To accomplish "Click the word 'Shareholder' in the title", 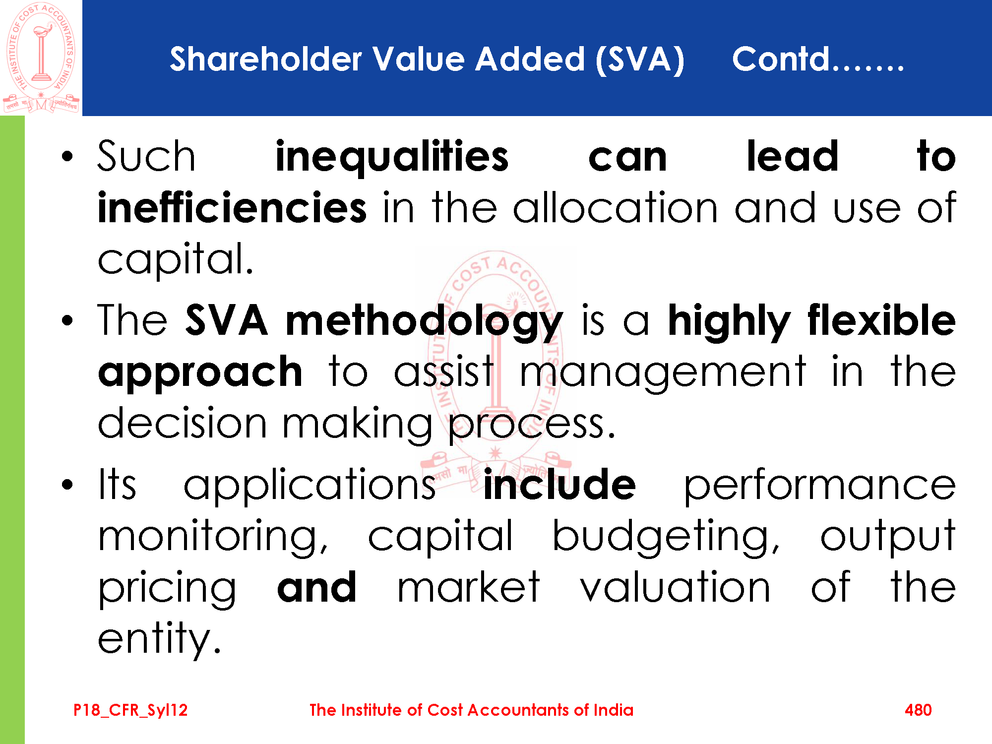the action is pyautogui.click(x=266, y=59).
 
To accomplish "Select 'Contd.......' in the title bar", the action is pyautogui.click(x=818, y=59).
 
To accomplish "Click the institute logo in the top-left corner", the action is pyautogui.click(x=41, y=57).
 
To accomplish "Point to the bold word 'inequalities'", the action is pyautogui.click(x=392, y=157).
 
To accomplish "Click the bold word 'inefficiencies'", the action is pyautogui.click(x=232, y=207).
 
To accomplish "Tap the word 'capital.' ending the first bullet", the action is pyautogui.click(x=176, y=259).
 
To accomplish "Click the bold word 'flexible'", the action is pyautogui.click(x=881, y=320).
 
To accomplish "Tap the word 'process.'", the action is pyautogui.click(x=532, y=425).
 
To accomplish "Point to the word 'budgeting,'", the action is pyautogui.click(x=667, y=537).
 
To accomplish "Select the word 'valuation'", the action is pyautogui.click(x=675, y=587).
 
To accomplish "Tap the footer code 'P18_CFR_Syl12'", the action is pyautogui.click(x=130, y=710).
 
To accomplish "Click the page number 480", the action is pyautogui.click(x=918, y=710).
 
